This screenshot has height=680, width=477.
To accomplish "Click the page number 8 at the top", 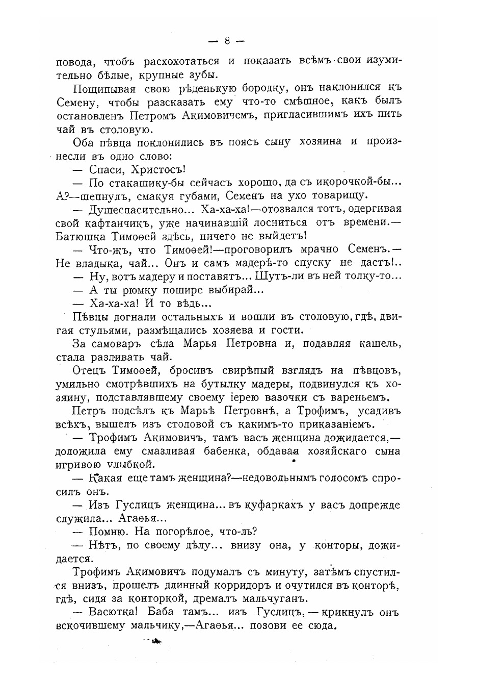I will click(227, 41).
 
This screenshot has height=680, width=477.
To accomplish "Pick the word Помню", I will click(108, 532).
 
